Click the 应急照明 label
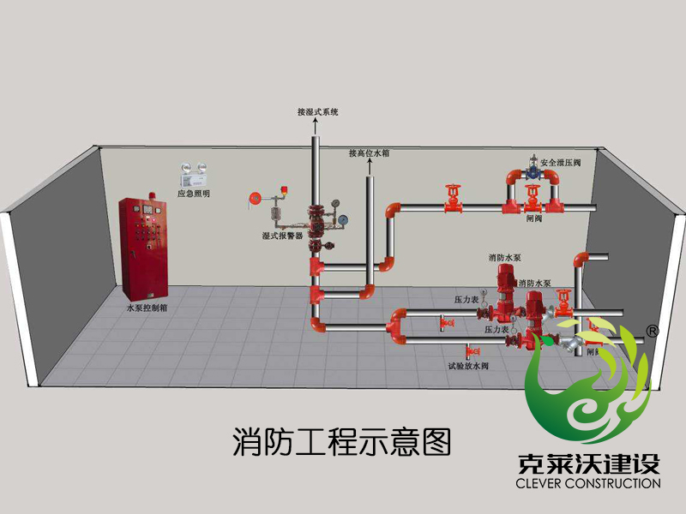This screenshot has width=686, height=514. pos(193,194)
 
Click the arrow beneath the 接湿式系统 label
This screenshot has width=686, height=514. pos(315,126)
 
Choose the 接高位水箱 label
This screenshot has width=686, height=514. pos(370,153)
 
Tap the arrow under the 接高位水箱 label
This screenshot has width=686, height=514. pos(370,167)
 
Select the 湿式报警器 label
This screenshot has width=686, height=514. pos(282,234)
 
